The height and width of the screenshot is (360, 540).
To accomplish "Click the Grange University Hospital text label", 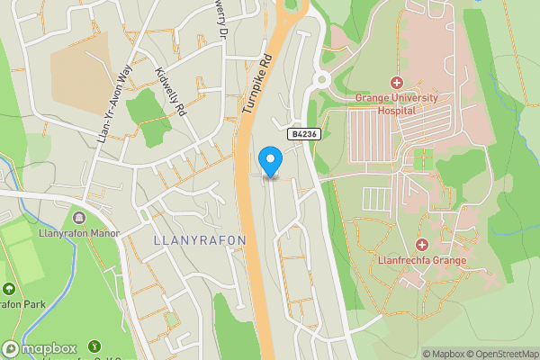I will [396, 103].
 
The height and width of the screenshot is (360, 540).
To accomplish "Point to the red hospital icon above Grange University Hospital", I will [396, 83].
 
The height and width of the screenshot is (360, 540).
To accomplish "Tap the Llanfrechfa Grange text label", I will [422, 261].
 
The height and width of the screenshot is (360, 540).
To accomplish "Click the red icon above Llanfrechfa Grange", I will [422, 245].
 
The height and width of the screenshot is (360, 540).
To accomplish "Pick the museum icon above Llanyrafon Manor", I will [79, 217].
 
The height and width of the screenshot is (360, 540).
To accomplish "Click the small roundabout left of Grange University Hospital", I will [321, 79].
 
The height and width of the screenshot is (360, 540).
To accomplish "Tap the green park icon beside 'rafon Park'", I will [9, 289].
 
